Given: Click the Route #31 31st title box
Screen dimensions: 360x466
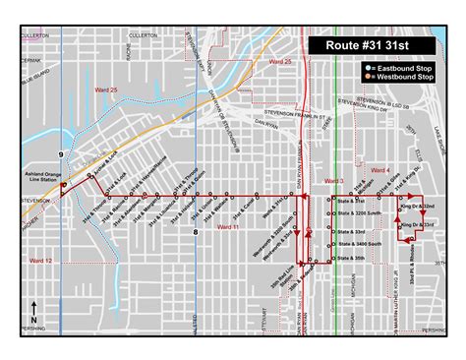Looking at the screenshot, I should tap(369, 44).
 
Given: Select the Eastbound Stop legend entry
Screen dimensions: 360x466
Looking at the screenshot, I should tap(398, 65).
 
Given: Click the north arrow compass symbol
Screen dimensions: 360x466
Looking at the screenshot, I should tap(34, 313).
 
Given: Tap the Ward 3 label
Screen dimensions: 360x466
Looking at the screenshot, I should tap(334, 181).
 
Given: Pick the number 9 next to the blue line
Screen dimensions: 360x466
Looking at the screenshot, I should tap(61, 155).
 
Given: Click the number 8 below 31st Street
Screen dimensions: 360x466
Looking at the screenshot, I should tap(196, 232).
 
